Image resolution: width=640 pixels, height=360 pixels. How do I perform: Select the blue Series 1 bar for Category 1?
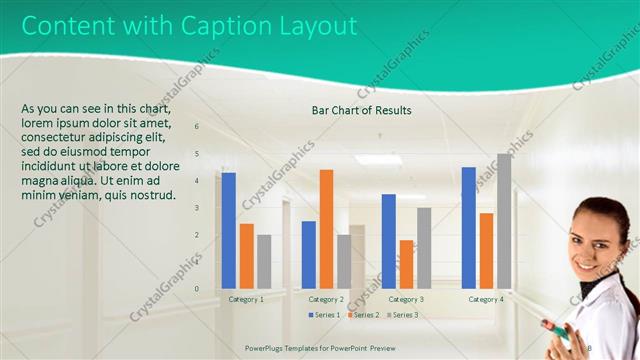pos(229,230)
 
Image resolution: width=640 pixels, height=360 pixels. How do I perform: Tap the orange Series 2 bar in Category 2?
pos(326,228)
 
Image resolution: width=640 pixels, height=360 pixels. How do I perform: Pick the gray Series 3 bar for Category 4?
pos(504,220)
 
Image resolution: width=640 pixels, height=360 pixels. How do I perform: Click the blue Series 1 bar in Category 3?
pos(389,240)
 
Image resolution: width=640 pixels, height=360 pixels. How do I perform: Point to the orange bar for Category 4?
pos(486,250)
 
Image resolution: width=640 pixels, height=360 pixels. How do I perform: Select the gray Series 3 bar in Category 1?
pos(264,261)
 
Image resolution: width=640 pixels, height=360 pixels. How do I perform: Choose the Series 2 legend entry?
pos(363,315)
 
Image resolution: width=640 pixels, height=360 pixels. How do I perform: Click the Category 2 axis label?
pos(326,299)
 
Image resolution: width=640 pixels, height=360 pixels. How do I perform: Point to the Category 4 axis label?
pos(486,299)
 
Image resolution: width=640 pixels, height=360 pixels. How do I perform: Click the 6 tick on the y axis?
pos(196,127)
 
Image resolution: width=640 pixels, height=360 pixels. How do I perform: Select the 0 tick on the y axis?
pos(196,289)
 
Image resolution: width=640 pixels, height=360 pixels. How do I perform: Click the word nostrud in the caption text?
pos(156,195)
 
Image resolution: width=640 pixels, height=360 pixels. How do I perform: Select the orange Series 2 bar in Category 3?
pos(406,263)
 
